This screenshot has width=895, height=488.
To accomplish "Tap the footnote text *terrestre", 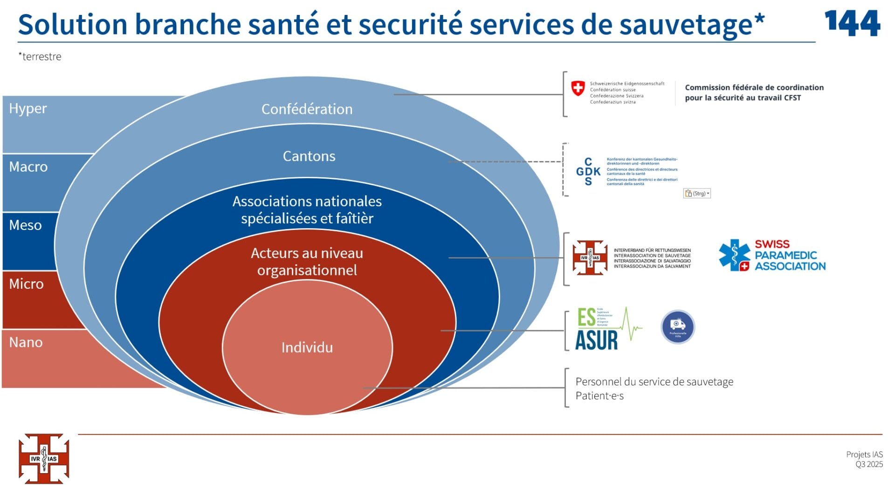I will coord(40,56).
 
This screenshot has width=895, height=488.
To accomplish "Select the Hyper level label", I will coord(28,109).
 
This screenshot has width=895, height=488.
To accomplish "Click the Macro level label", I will coord(28,167).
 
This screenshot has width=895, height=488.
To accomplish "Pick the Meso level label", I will coord(26,225).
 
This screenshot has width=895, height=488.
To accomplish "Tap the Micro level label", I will coord(27,284).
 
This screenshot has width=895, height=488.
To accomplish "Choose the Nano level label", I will coord(26,342).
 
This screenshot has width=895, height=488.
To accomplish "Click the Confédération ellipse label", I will coord(307,109).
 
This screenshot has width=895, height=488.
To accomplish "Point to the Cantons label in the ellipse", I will coord(309,156).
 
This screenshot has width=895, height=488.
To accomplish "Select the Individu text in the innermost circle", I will coord(307,348).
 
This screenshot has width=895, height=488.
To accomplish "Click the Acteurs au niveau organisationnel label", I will coord(307,262).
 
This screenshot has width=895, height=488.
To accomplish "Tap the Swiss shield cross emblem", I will coord(578,88).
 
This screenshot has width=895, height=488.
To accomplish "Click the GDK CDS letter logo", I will coord(588,172).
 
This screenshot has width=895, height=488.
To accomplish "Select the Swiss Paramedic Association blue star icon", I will coord(734,255).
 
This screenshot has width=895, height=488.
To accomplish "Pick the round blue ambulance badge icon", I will coord(677,327).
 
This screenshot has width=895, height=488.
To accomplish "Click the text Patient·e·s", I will coord(599,396).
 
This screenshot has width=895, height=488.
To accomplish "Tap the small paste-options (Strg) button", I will coord(697,194).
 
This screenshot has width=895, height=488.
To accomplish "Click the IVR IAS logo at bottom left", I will coord(44,459).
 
